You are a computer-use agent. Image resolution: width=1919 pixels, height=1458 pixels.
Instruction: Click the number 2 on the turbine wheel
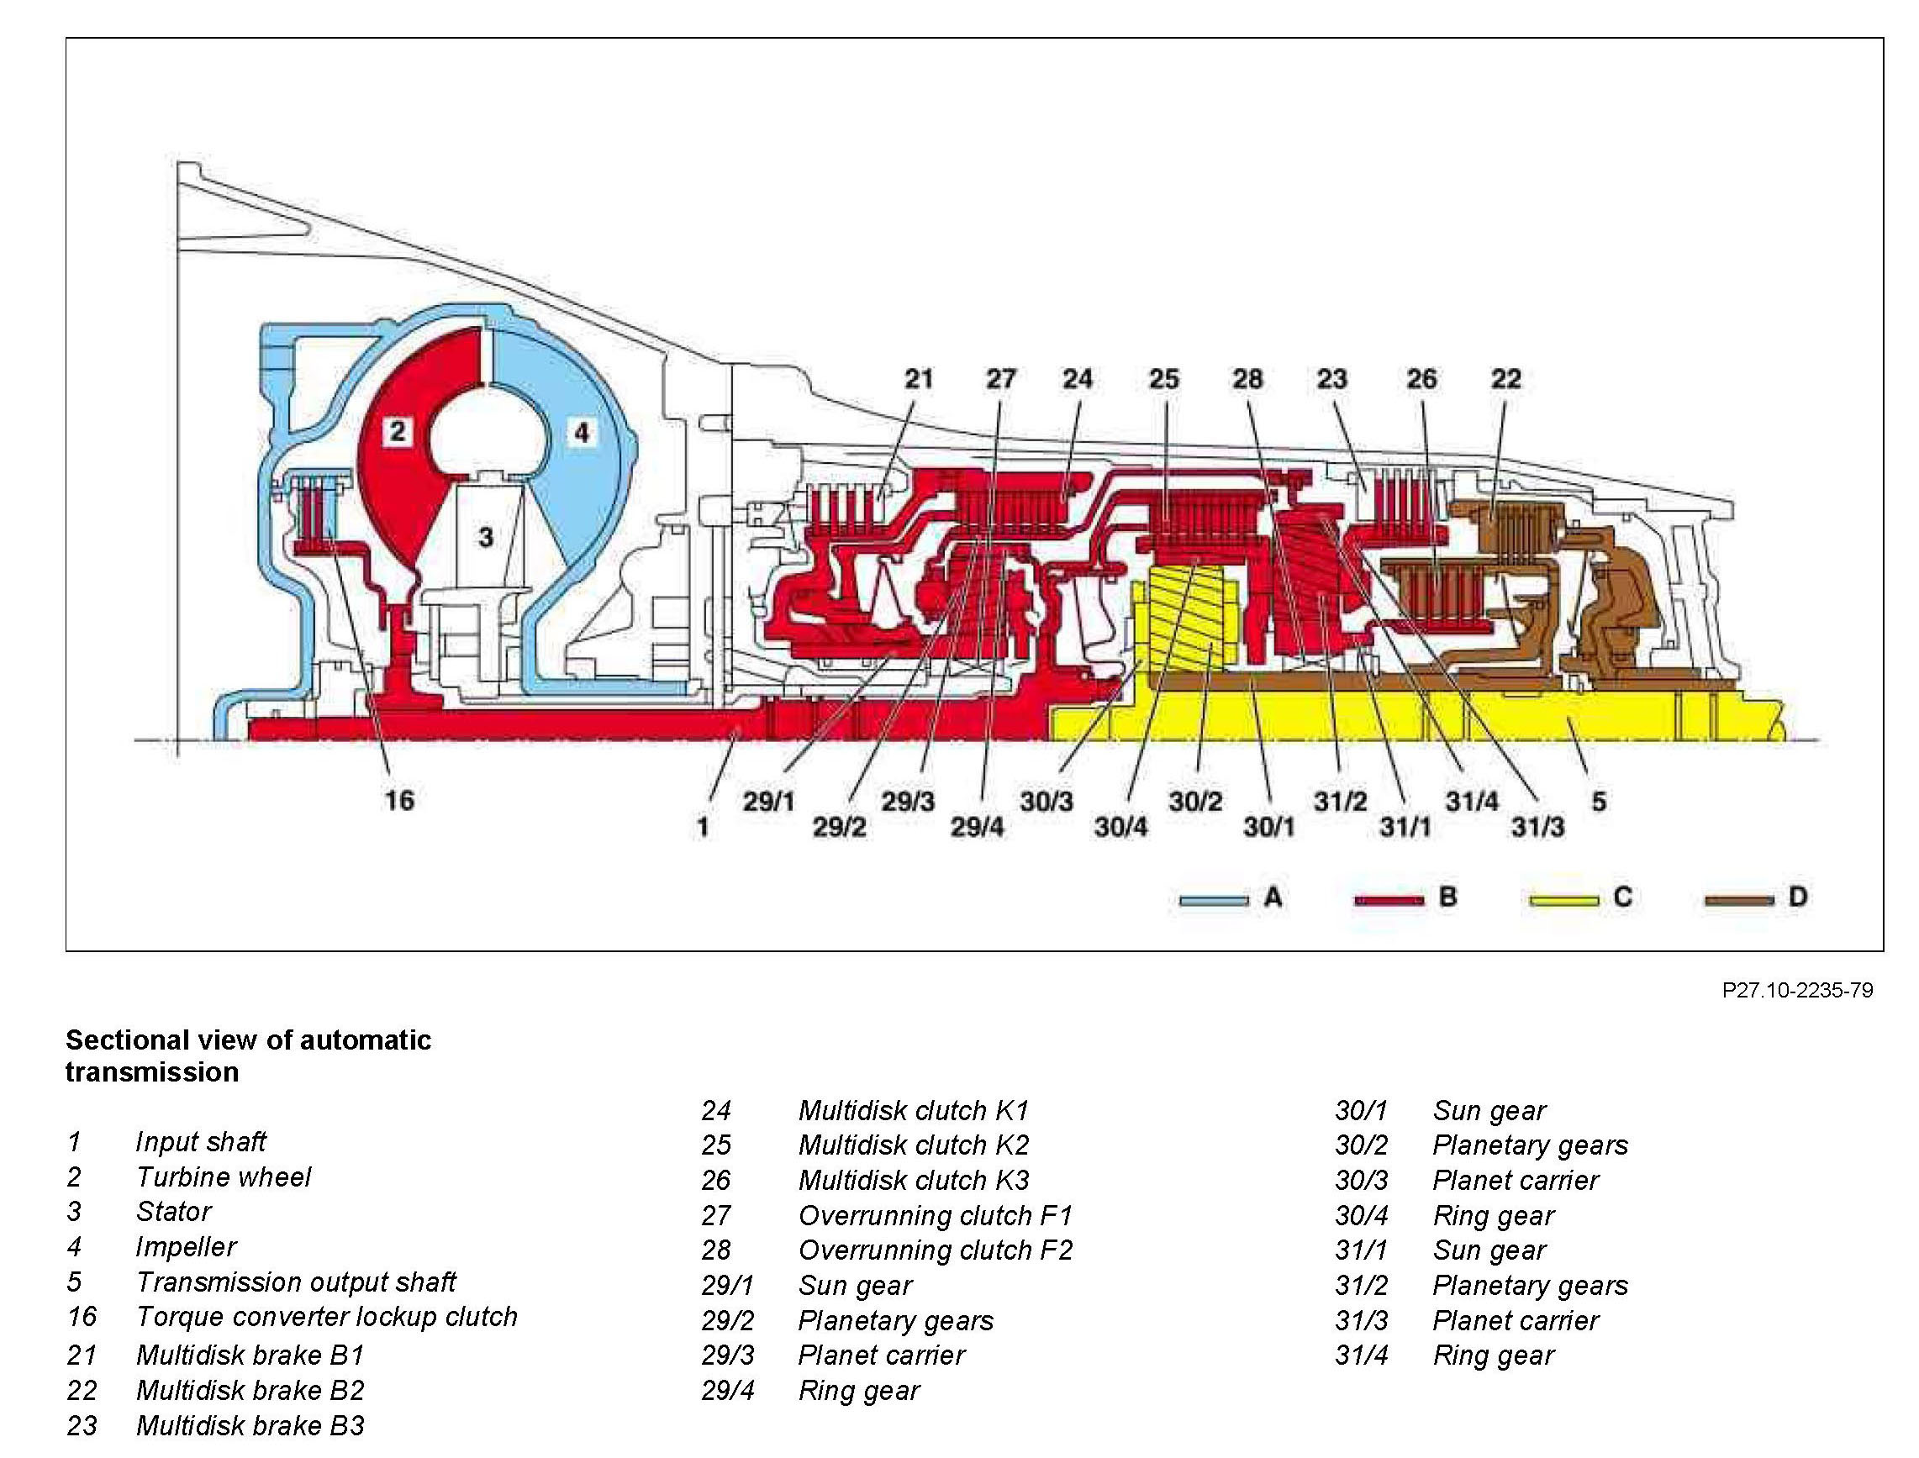click(398, 430)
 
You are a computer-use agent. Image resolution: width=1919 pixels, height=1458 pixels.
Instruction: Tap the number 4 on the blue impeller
click(582, 431)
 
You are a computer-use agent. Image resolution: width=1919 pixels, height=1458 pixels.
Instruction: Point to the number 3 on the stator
click(486, 537)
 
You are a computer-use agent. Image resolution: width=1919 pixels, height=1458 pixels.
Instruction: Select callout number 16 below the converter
click(399, 800)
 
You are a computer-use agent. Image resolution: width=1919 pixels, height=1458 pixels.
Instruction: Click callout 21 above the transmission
click(918, 378)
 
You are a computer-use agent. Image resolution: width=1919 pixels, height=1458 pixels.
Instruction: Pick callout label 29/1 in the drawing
click(768, 801)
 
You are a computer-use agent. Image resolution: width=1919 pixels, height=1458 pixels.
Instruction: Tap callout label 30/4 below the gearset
click(1120, 827)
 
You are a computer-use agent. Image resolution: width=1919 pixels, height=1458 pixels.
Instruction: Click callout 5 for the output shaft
click(1598, 801)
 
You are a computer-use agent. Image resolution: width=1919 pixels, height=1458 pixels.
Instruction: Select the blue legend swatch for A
click(1214, 900)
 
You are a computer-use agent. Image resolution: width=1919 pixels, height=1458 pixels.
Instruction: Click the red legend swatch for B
click(1389, 900)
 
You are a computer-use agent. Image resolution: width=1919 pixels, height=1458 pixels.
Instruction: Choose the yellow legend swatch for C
click(1563, 900)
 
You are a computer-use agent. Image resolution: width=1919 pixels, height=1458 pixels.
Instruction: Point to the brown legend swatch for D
click(1738, 900)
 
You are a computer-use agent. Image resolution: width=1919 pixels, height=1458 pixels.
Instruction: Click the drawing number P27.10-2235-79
click(1797, 990)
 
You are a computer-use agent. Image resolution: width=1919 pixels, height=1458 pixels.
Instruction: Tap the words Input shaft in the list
click(201, 1142)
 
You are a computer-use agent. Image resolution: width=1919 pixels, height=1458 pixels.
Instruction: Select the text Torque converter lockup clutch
click(326, 1317)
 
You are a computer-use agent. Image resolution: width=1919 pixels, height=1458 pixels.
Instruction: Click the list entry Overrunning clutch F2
click(935, 1250)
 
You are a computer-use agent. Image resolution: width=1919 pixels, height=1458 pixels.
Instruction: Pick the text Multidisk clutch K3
click(913, 1181)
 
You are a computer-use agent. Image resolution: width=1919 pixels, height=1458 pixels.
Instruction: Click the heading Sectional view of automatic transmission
click(248, 1055)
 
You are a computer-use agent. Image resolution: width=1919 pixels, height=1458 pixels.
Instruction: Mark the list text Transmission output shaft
click(296, 1282)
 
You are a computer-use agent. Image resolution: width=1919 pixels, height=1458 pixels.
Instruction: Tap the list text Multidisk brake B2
click(250, 1390)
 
